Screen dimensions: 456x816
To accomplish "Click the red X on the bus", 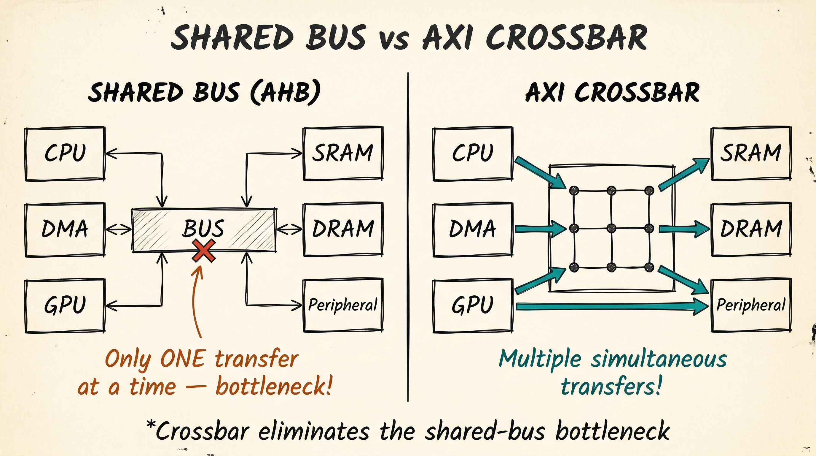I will [203, 251].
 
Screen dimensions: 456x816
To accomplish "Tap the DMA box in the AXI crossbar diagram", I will [473, 229].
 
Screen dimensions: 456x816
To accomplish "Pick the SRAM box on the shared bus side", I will [343, 153].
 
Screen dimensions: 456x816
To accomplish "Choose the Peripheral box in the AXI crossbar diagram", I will [751, 305].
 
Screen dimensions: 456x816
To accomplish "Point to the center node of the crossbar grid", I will [612, 228].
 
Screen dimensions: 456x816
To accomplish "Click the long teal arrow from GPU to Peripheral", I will [611, 307].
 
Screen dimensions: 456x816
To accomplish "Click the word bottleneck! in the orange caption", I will [274, 387].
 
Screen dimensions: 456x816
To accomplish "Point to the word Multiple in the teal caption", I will [540, 359].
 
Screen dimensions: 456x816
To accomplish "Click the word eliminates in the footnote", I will [314, 432].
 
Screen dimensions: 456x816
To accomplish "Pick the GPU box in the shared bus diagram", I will [65, 305].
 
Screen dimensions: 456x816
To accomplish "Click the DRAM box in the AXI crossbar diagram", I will [751, 229].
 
